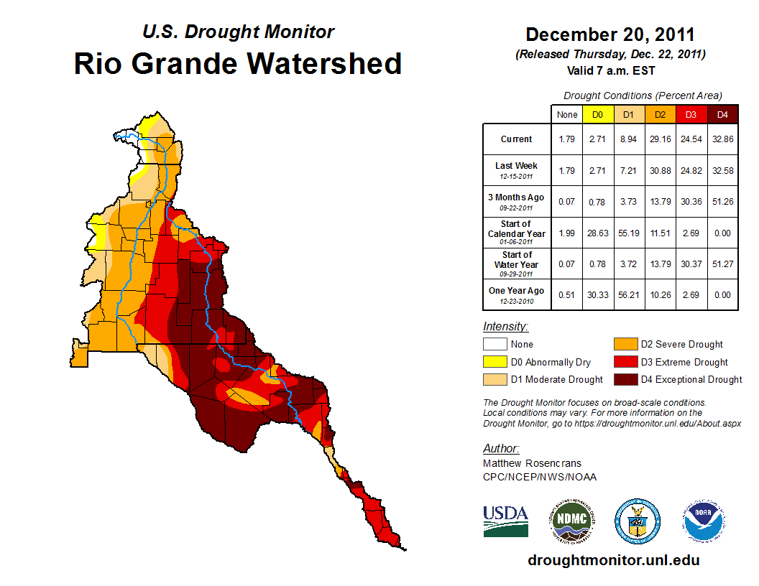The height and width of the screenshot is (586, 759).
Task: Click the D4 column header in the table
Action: [x=722, y=114]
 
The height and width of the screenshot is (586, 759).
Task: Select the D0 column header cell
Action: [x=597, y=114]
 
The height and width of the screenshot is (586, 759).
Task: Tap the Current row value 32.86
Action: [x=722, y=139]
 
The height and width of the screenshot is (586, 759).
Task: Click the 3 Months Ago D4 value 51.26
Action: [x=722, y=202]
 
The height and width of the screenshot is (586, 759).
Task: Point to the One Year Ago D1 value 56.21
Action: [x=628, y=292]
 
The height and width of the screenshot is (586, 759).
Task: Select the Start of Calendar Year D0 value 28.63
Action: [x=597, y=233]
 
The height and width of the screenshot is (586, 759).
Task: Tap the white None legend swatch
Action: [x=494, y=345]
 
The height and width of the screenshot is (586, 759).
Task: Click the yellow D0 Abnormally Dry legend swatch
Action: [x=494, y=362]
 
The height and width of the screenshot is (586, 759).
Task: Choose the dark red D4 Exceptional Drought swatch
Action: [x=625, y=379]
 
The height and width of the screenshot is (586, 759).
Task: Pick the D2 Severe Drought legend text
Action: [x=681, y=345]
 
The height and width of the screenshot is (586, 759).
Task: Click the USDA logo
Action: [x=505, y=521]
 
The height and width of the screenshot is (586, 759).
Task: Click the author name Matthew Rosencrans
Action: [x=532, y=463]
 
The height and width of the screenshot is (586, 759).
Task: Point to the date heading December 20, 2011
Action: [x=610, y=34]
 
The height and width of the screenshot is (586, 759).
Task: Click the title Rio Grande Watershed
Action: [x=238, y=63]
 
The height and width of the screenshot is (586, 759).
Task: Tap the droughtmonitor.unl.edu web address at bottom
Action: [x=613, y=560]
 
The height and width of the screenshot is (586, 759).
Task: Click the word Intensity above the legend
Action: [x=505, y=326]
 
